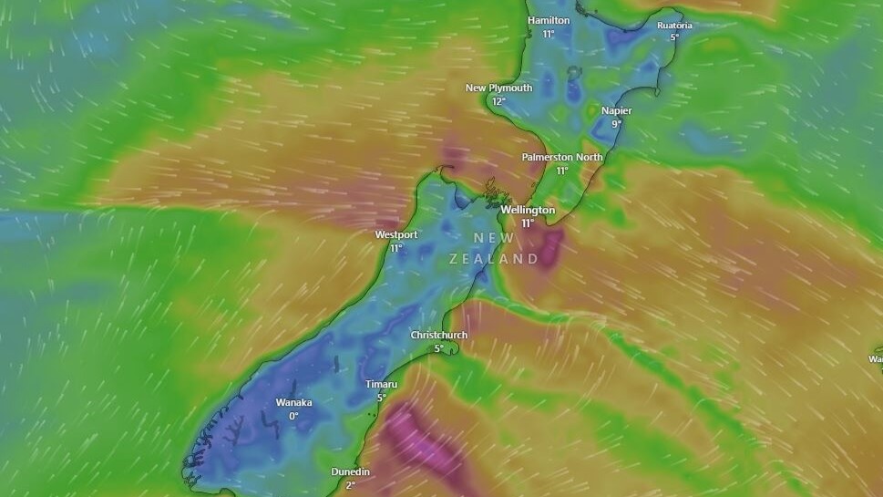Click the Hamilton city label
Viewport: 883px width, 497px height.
point(549,20)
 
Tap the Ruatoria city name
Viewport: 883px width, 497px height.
point(674,26)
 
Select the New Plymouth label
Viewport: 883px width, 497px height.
point(498,88)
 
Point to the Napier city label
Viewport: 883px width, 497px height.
point(616,110)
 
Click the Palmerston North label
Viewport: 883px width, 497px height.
point(562,157)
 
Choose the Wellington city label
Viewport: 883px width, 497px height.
point(528,210)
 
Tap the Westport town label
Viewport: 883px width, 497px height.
point(396,234)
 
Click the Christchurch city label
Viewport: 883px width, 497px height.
point(438,335)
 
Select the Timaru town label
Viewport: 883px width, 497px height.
point(381,384)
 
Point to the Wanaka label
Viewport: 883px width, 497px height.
point(293,402)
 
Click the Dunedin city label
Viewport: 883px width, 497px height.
point(350,471)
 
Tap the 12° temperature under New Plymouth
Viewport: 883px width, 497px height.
point(498,101)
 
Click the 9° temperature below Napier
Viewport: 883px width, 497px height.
point(616,124)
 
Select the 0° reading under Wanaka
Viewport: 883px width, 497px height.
point(293,416)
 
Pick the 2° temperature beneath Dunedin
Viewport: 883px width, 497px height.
point(350,485)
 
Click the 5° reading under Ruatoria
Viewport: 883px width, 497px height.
point(674,37)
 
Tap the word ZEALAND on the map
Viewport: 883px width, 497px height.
point(494,259)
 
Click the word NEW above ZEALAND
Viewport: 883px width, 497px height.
point(494,238)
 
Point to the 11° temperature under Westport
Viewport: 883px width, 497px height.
point(396,248)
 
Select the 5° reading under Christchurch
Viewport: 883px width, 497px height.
point(438,348)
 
